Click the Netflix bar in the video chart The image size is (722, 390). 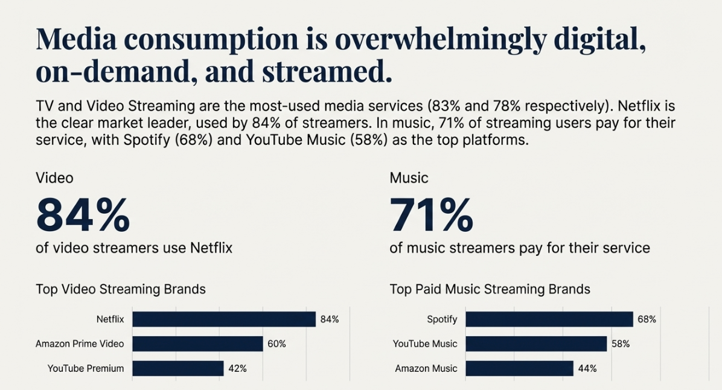click(224, 319)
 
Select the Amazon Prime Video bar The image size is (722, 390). click(198, 344)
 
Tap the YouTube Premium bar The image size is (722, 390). click(178, 368)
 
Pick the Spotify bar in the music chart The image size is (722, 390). click(549, 319)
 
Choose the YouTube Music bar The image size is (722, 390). click(536, 344)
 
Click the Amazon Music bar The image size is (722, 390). click(519, 368)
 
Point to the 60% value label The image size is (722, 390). click(276, 344)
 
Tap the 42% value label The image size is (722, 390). click(237, 368)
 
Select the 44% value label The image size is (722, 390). click(587, 368)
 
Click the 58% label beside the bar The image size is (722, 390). click(620, 344)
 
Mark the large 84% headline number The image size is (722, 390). click(83, 215)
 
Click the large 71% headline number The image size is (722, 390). click(431, 215)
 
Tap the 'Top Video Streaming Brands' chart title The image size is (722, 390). click(121, 289)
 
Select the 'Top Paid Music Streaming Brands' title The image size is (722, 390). click(490, 289)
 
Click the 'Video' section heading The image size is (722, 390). click(54, 178)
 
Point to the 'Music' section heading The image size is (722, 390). click(409, 178)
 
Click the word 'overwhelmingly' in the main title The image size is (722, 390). click(439, 40)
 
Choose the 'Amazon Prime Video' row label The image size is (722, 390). click(80, 344)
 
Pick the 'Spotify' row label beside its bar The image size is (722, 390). click(442, 319)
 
